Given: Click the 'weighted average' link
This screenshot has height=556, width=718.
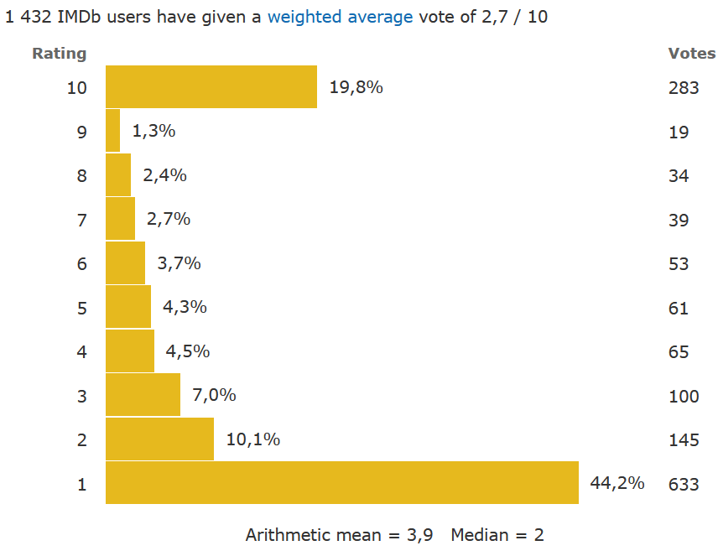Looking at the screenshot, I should point(340,17).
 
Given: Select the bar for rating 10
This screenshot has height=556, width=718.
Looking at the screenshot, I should point(211,87).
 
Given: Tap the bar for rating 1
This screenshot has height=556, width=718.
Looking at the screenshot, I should point(342,483).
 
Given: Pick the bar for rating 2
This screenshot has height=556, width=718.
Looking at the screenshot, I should point(159,439).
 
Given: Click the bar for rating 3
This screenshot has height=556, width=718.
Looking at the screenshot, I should point(143,395).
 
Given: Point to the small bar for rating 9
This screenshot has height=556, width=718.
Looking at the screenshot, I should point(113,131).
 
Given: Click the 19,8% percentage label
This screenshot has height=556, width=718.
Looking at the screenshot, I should point(356,87).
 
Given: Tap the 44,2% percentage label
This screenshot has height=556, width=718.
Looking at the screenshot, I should point(617,483).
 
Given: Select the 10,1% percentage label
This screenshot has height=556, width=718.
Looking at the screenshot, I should point(252,439).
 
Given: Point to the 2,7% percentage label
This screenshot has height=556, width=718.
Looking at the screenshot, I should point(169,220).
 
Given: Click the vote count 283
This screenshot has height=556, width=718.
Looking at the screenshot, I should point(684,87).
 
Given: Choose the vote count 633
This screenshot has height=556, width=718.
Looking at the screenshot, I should point(684,484).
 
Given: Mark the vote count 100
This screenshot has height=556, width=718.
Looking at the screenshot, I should point(684,396).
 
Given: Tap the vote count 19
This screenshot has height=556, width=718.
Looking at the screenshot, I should point(679,132).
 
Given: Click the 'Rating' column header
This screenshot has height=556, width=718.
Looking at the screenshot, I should point(59,54).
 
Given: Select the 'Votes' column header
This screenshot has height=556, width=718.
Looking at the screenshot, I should point(692,54).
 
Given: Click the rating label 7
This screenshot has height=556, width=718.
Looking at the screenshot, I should point(81,220).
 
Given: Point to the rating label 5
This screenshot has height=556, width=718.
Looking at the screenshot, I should point(81,308).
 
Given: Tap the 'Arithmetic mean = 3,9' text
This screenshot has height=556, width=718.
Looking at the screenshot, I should point(339,535).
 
